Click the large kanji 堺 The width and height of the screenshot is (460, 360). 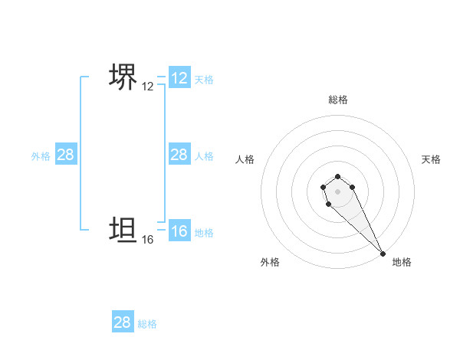(x=123, y=78)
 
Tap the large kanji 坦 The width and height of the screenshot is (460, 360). (x=123, y=230)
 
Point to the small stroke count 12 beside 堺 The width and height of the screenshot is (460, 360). (x=148, y=87)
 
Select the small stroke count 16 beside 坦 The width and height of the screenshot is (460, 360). (x=148, y=240)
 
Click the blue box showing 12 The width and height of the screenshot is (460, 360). (x=179, y=78)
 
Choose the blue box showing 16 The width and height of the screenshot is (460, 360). (x=179, y=231)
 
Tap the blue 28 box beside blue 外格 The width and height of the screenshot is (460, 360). (x=66, y=155)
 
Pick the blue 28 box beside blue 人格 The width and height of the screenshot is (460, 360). (x=179, y=155)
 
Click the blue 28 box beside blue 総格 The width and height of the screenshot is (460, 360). (x=123, y=322)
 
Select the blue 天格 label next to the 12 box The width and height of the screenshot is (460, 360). (x=204, y=80)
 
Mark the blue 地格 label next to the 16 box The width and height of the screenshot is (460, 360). (x=204, y=233)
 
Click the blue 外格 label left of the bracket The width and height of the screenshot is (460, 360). (x=41, y=156)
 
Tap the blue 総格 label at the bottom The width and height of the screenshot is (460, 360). (x=147, y=324)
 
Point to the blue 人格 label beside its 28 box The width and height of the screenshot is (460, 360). (x=204, y=156)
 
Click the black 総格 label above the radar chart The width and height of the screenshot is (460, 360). (x=338, y=100)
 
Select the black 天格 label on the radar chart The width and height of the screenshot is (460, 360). (x=432, y=159)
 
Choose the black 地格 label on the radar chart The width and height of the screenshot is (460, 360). (x=402, y=262)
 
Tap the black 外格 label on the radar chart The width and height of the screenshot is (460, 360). (x=270, y=262)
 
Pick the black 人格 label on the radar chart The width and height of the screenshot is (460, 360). (x=245, y=159)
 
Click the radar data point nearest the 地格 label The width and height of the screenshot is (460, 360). (x=382, y=253)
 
